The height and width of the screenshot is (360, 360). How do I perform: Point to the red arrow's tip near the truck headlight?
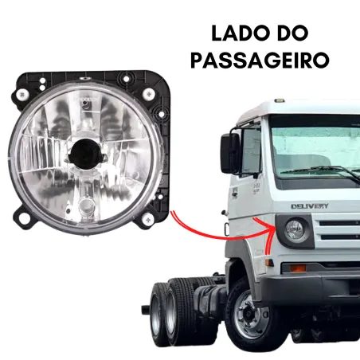tap(272, 225)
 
